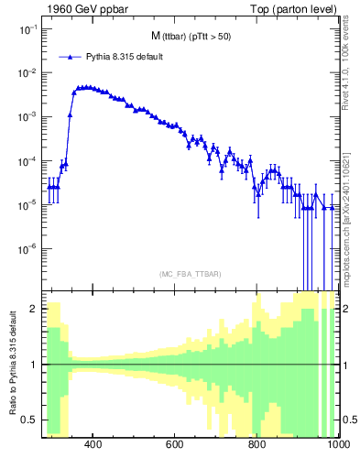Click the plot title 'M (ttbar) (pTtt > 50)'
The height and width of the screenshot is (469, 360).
(190, 36)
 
